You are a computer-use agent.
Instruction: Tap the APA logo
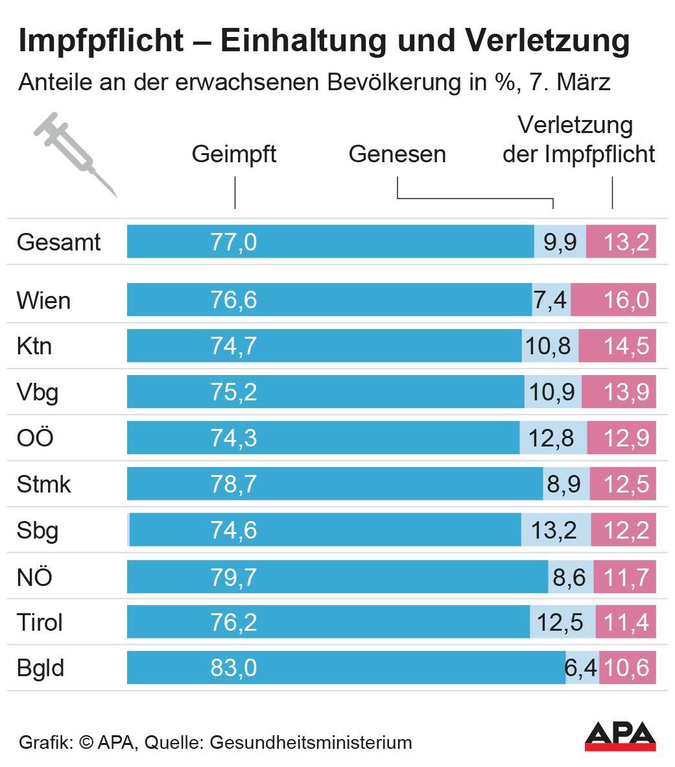(x=619, y=736)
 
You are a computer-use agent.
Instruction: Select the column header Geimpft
(x=234, y=154)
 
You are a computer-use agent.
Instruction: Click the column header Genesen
(x=397, y=154)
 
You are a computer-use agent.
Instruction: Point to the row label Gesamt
(x=59, y=243)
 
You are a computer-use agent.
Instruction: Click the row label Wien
(x=43, y=301)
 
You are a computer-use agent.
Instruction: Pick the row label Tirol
(x=40, y=623)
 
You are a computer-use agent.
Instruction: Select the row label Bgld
(x=40, y=668)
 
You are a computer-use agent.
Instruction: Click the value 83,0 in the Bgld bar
(x=233, y=668)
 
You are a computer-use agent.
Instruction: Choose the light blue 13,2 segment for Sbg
(x=554, y=531)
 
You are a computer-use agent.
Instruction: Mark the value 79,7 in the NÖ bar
(x=233, y=577)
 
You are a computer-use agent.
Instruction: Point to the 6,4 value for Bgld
(x=581, y=668)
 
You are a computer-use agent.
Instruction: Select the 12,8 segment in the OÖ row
(x=552, y=439)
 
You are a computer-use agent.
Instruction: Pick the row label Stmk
(x=43, y=485)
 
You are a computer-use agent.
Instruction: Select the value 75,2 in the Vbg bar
(x=233, y=393)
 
